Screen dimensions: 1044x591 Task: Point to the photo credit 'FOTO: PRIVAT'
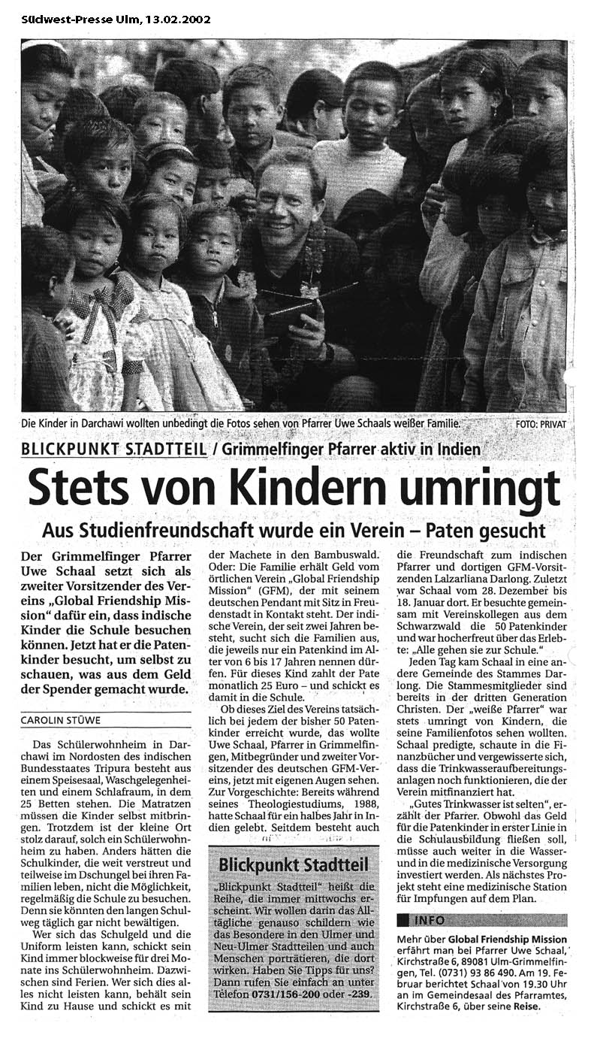click(x=541, y=424)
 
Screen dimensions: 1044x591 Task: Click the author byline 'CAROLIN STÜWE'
click(x=60, y=720)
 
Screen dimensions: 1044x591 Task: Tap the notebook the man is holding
click(x=297, y=306)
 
